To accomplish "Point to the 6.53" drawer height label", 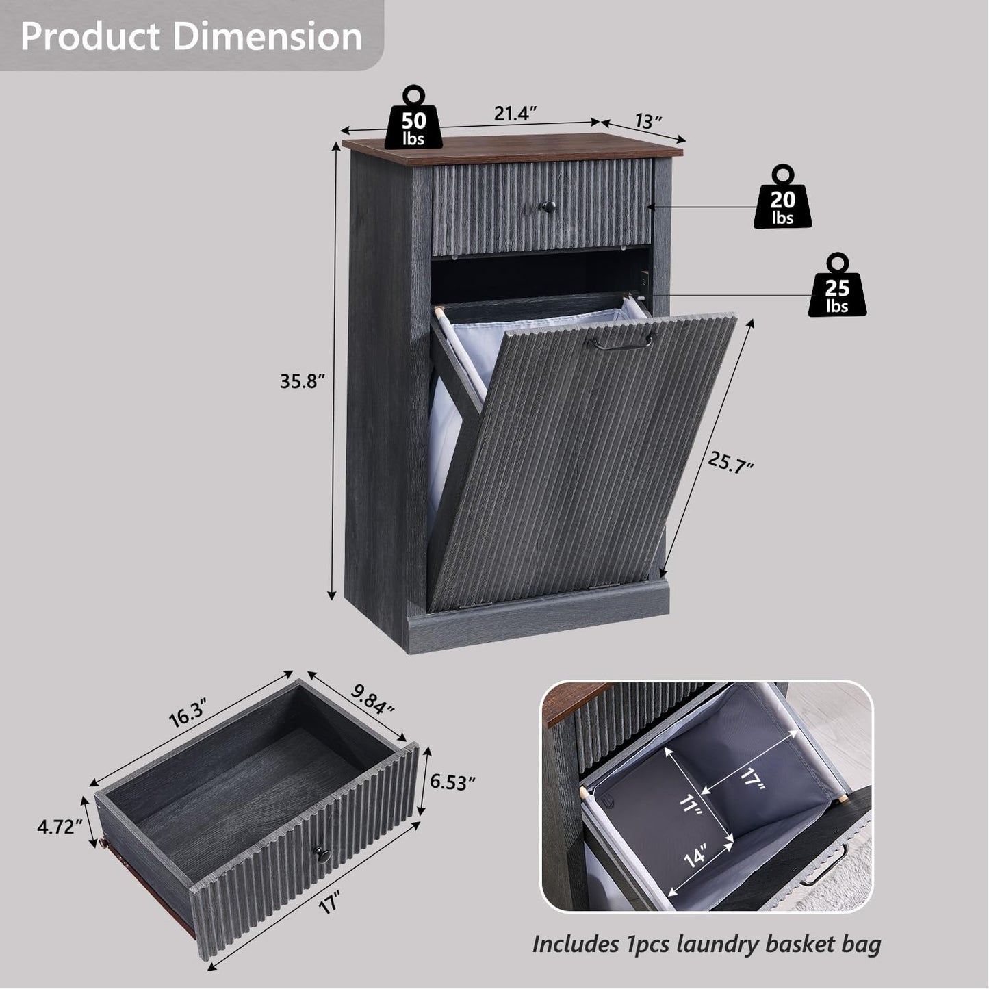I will (452, 781).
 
